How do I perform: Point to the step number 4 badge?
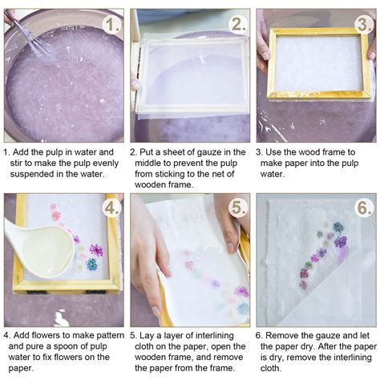[x=111, y=208]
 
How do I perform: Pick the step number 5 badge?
[x=238, y=208]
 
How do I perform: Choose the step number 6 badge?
[x=363, y=208]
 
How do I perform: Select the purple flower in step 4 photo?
[x=95, y=249]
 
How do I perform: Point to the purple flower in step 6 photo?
[x=340, y=241]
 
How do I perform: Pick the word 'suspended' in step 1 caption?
[x=29, y=174]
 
